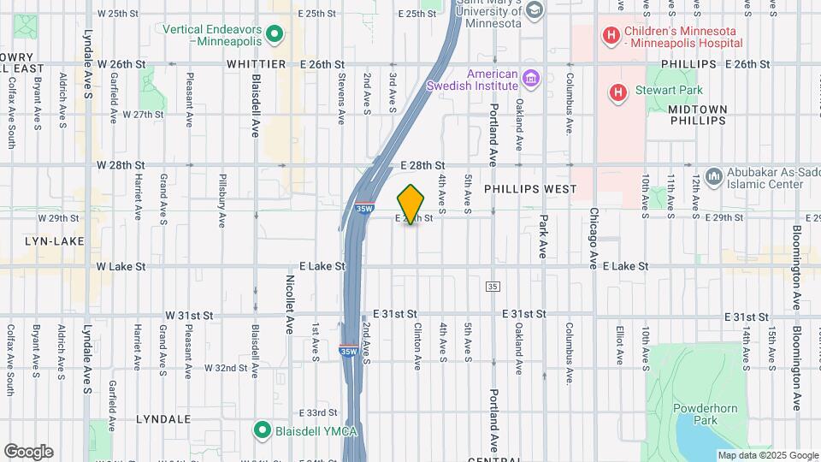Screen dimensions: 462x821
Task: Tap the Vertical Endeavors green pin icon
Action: coord(275,34)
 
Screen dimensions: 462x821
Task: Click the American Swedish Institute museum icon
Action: coord(530,80)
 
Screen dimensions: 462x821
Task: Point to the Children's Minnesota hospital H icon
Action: coord(611,35)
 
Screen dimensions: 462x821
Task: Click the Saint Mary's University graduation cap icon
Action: coord(535,10)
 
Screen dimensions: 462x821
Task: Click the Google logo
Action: coord(28,451)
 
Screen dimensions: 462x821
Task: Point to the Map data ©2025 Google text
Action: coord(767,455)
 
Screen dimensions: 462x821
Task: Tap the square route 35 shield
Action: coord(492,286)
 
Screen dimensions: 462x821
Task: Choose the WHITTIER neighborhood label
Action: coord(256,64)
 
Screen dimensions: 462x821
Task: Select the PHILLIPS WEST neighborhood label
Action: coord(529,188)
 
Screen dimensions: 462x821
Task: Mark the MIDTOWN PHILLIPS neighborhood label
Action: coord(697,115)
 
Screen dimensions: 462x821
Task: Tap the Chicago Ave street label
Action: coord(593,237)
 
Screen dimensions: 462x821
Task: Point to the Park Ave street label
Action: coord(543,236)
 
